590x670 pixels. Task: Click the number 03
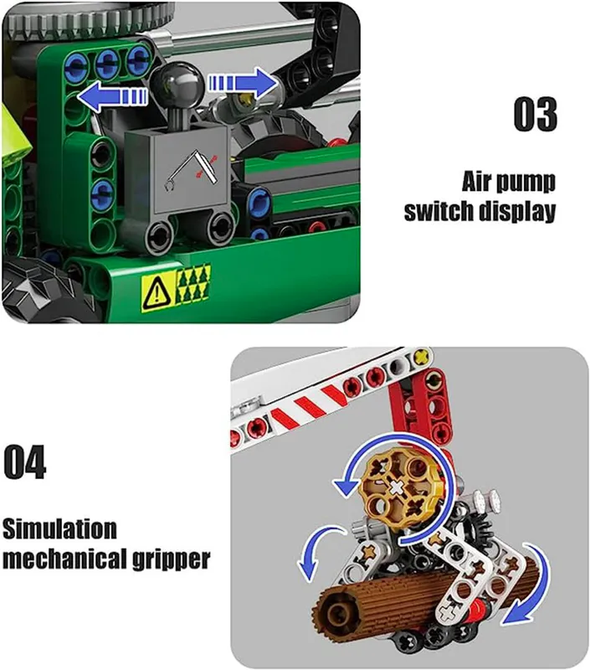(x=536, y=114)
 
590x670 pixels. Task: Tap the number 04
(x=25, y=462)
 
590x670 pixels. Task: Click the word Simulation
(x=59, y=529)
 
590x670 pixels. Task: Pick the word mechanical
(x=65, y=559)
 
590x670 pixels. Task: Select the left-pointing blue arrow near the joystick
(x=112, y=95)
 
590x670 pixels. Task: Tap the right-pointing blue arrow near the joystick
(x=244, y=82)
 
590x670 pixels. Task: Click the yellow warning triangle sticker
(x=157, y=292)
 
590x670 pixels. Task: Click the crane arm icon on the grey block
(x=192, y=169)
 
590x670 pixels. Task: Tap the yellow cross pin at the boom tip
(x=422, y=355)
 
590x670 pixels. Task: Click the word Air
(x=477, y=181)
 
